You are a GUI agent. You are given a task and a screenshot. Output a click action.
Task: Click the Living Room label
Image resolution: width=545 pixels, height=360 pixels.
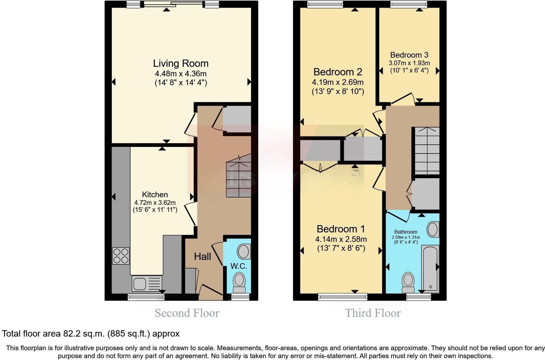pyautogui.click(x=181, y=63)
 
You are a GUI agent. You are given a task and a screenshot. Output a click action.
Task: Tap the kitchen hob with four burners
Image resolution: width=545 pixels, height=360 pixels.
pyautogui.click(x=121, y=256)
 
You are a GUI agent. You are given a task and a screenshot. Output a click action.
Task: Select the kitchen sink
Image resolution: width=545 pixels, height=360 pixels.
pyautogui.click(x=140, y=283)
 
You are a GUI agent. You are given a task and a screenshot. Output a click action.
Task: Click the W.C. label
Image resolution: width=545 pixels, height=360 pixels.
pyautogui.click(x=239, y=266)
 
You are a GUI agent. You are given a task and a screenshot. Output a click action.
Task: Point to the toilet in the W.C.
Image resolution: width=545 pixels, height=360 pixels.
pyautogui.click(x=239, y=282)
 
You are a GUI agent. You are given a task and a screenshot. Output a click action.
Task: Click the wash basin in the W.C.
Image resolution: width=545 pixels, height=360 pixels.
pyautogui.click(x=244, y=252)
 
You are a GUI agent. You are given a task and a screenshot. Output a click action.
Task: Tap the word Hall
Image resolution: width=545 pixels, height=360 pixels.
pyautogui.click(x=202, y=256)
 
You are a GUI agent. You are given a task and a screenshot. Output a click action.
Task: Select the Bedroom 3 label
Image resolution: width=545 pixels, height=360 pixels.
pyautogui.click(x=409, y=55)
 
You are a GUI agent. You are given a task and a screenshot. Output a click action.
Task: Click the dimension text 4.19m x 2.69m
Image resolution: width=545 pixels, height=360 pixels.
pyautogui.click(x=337, y=82)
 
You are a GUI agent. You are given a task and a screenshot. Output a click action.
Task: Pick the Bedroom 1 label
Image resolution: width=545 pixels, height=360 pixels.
pyautogui.click(x=341, y=229)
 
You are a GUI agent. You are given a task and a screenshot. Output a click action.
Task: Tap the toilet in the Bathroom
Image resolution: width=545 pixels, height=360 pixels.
pyautogui.click(x=408, y=282)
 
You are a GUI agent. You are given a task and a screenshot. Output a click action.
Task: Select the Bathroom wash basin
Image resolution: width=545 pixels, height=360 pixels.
pyautogui.click(x=433, y=230)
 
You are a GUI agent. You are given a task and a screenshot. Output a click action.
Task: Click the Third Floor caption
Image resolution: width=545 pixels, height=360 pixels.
pyautogui.click(x=373, y=313)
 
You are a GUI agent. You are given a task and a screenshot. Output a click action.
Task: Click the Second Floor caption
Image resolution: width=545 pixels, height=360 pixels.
pyautogui.click(x=187, y=313)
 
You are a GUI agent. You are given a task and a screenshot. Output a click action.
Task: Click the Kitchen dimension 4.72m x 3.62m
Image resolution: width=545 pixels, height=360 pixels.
pyautogui.click(x=155, y=203)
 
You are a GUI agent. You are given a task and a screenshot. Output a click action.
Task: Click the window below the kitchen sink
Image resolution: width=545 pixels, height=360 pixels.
pyautogui.click(x=146, y=297)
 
